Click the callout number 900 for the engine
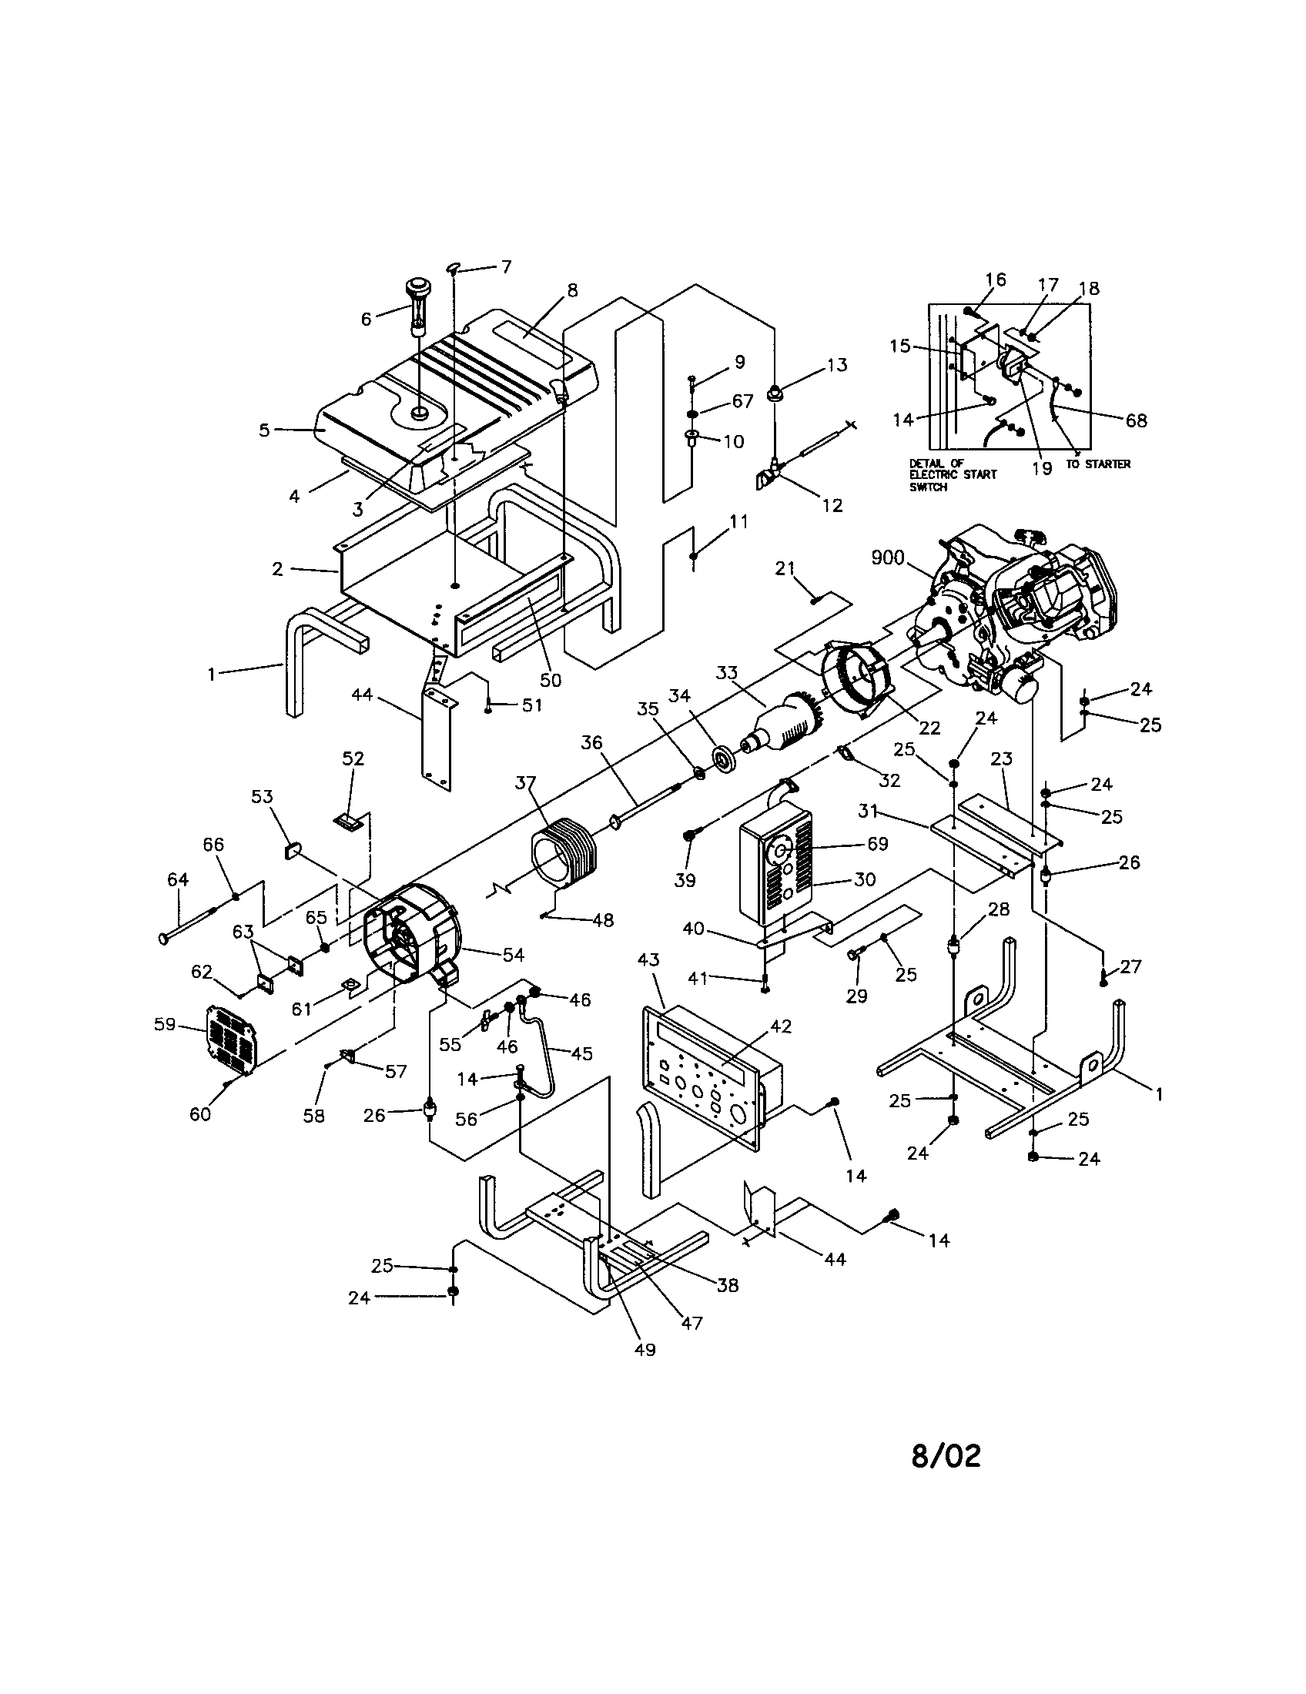887,557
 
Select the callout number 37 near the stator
526,783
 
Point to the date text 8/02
946,1456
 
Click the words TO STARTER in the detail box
1097,464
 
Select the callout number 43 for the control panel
648,959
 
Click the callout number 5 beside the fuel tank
264,430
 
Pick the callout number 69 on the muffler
877,844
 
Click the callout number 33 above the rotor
727,672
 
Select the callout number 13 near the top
837,364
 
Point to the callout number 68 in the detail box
1136,420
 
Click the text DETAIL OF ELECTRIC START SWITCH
953,474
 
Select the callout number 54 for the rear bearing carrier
514,956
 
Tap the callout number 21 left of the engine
785,568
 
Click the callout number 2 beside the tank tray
277,569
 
